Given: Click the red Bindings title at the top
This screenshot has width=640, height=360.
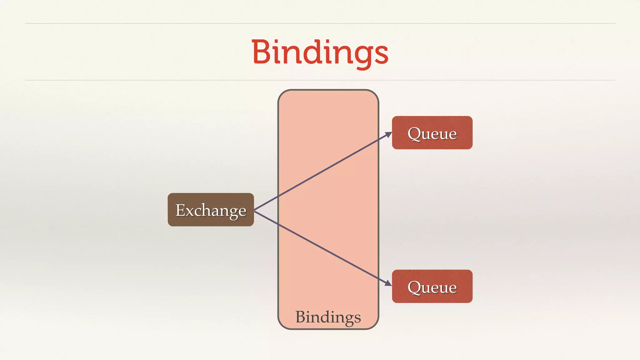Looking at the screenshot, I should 320,52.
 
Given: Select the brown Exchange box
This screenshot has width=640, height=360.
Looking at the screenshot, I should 211,210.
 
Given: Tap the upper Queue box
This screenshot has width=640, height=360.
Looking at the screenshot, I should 432,133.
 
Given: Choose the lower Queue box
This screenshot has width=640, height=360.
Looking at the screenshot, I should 432,286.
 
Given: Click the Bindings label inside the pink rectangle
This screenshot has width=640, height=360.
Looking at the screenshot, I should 328,317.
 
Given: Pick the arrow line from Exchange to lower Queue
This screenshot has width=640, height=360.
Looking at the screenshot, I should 322,248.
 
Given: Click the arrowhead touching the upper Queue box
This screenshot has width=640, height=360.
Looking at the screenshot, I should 388,134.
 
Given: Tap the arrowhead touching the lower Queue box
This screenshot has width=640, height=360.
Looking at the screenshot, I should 388,283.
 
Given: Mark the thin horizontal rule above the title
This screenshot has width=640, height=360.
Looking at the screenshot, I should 320,23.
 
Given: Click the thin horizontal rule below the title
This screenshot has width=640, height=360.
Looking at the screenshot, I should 320,80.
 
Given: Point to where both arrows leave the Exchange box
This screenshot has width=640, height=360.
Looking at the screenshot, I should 255,210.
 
